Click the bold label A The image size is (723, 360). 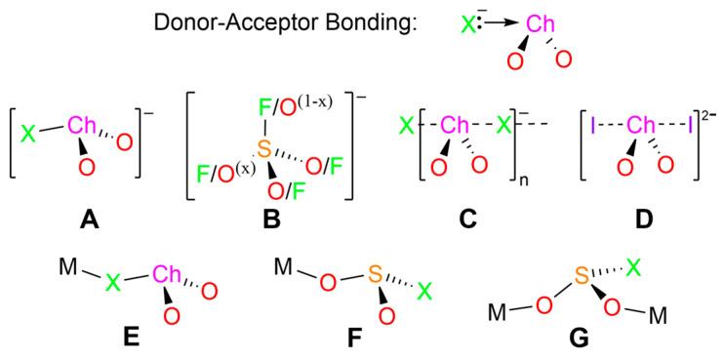click(85, 220)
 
